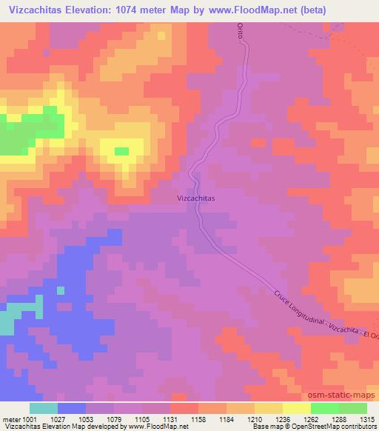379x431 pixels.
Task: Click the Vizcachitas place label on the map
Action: [196, 198]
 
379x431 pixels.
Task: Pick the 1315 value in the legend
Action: [367, 418]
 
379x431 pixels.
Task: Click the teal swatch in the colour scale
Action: [44, 408]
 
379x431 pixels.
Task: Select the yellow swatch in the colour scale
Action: [297, 408]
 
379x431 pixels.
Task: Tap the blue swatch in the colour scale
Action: [72, 408]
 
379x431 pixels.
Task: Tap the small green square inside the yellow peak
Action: [121, 151]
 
